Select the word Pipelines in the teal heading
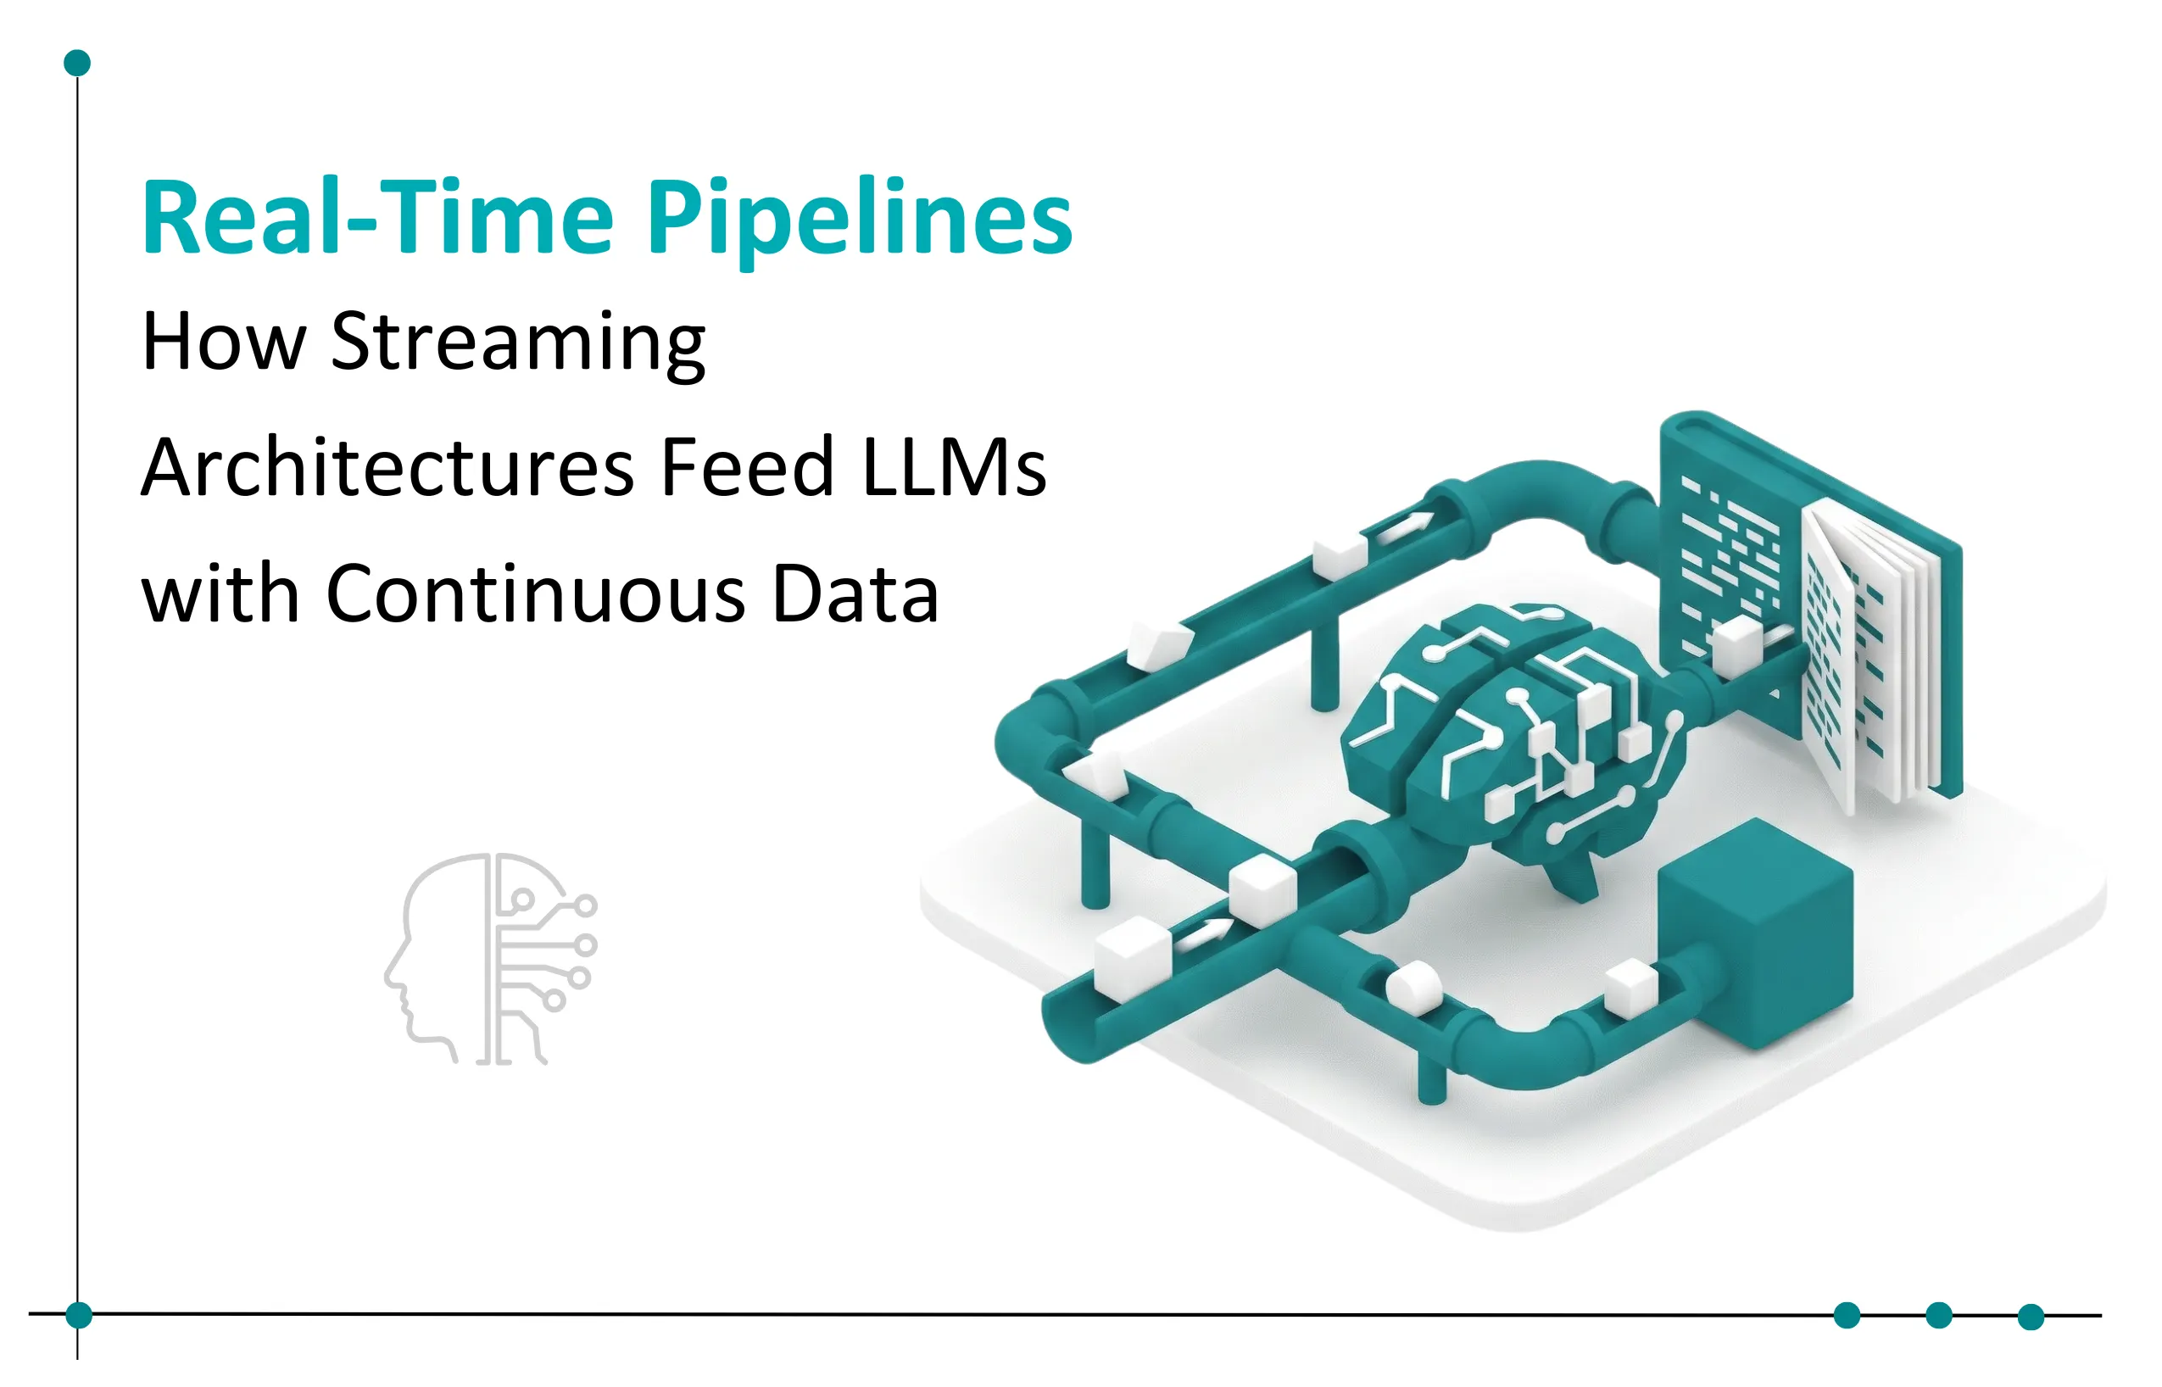(x=860, y=219)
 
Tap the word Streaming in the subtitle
(x=518, y=343)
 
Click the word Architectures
(x=387, y=467)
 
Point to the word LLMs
(x=955, y=467)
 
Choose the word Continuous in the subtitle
(x=536, y=594)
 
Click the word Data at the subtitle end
(x=855, y=594)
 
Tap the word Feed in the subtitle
(x=748, y=467)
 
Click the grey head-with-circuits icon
(x=491, y=959)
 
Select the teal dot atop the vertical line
(x=77, y=63)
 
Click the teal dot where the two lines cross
(x=79, y=1316)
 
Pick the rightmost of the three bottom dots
(x=2031, y=1317)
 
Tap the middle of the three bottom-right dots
(x=1939, y=1316)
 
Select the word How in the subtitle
(x=223, y=343)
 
